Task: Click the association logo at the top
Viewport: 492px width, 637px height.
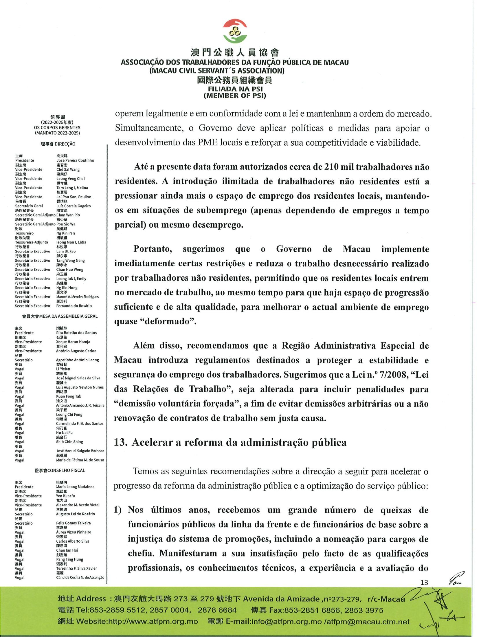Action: (235, 31)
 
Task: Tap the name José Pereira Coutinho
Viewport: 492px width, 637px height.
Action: (75, 160)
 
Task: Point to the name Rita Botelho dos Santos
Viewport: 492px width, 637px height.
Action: (76, 333)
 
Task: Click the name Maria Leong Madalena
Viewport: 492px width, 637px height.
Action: (75, 487)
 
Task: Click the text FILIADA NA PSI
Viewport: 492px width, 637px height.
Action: (235, 89)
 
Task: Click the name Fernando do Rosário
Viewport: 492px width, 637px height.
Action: (74, 306)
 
